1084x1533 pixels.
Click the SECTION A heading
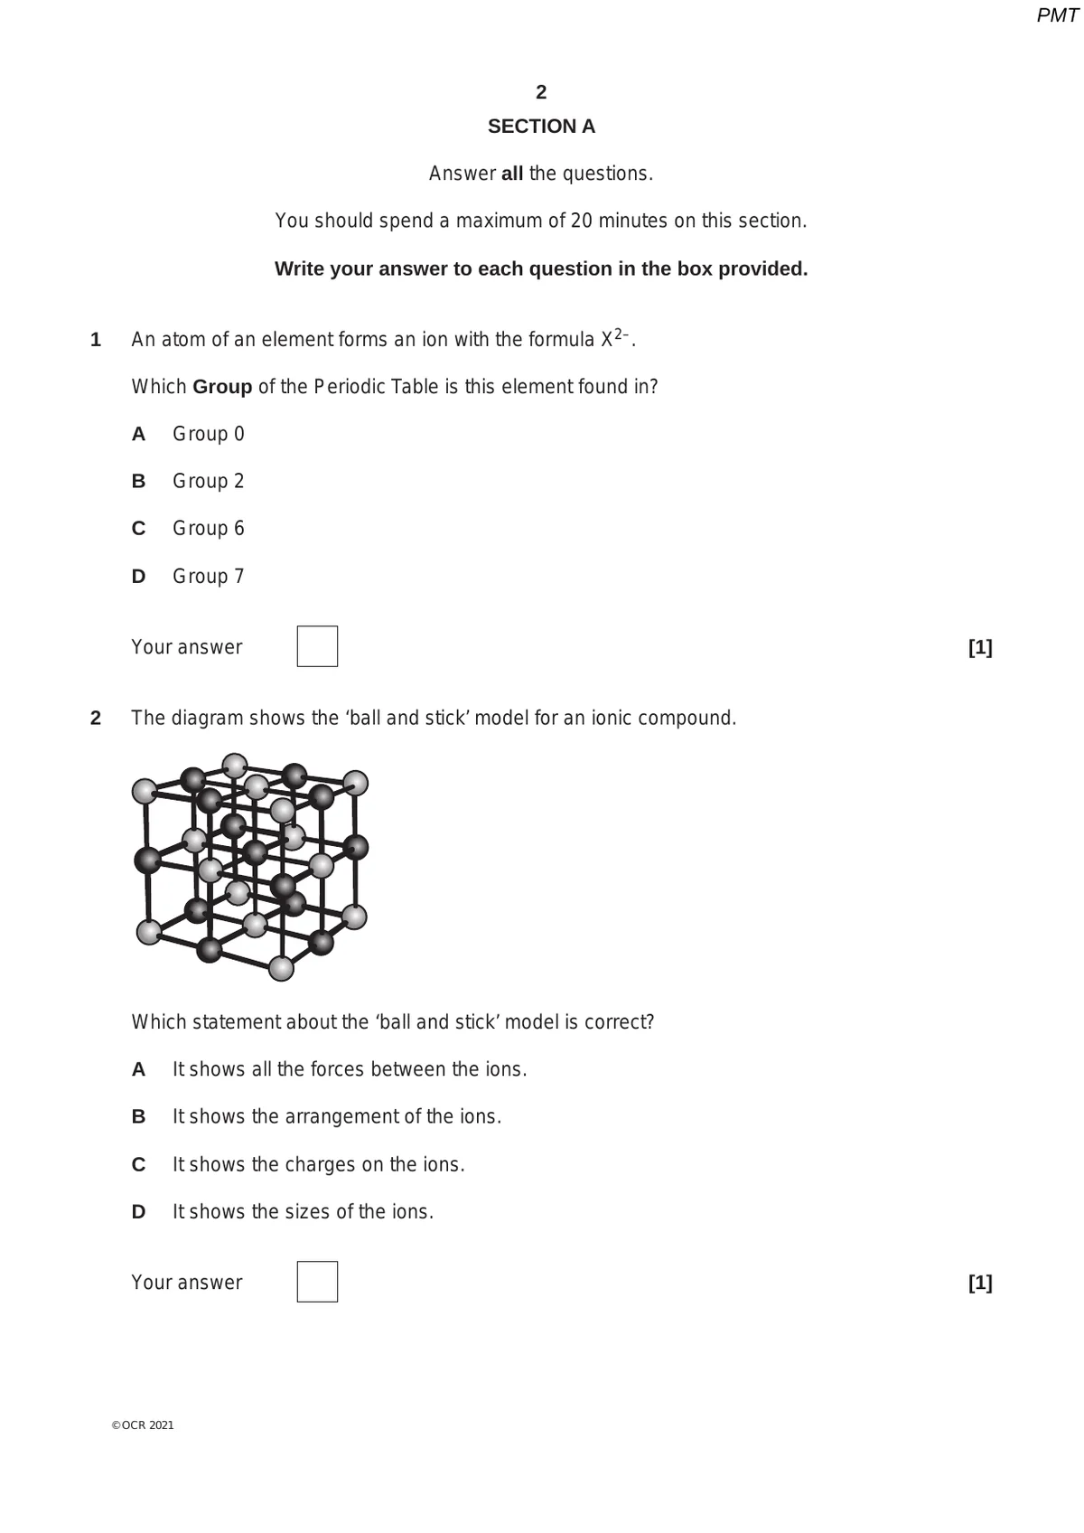541,127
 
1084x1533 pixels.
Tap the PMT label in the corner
1057,15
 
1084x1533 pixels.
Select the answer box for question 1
317,646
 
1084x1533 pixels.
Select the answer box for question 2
317,1282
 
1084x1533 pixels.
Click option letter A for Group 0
138,434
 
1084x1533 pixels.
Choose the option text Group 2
209,481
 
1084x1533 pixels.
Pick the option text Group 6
209,528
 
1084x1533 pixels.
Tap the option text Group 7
209,576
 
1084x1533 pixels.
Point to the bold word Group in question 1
222,387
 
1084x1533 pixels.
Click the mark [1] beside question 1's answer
980,647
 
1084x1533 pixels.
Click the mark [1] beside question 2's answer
980,1283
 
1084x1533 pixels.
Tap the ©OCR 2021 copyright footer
143,1425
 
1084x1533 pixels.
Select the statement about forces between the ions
350,1069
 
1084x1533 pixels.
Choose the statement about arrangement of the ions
337,1116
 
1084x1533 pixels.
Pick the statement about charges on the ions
319,1164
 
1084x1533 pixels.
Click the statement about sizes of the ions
304,1211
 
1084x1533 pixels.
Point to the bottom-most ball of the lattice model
282,969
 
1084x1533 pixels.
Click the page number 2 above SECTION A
541,92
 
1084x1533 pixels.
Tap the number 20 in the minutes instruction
583,221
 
